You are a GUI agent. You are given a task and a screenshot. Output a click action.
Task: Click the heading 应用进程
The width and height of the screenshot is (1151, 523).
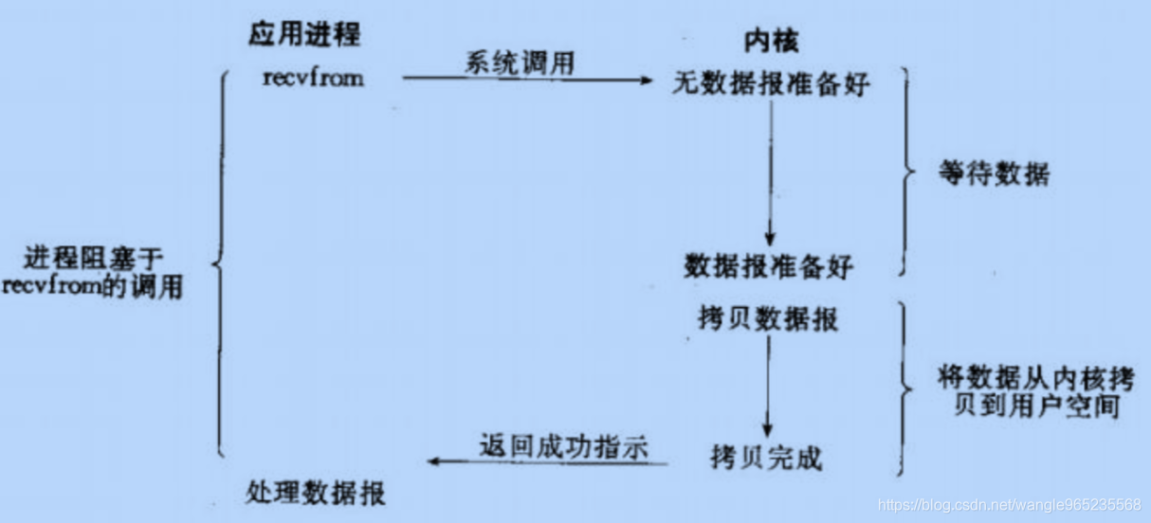[304, 35]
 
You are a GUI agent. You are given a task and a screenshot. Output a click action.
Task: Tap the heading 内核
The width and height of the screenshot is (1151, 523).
[770, 41]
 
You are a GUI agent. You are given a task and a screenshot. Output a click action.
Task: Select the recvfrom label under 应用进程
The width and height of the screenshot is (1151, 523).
[313, 78]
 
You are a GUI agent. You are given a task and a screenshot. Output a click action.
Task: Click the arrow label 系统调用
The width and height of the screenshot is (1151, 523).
[520, 63]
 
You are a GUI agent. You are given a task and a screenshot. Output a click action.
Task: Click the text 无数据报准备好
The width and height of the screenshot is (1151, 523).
[770, 84]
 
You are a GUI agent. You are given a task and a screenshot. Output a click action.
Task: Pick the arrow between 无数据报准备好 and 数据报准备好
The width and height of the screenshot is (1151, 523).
[771, 171]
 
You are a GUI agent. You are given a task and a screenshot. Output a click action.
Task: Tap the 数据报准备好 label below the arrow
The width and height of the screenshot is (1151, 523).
[769, 266]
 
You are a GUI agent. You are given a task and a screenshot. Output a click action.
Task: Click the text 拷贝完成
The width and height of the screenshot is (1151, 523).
[766, 460]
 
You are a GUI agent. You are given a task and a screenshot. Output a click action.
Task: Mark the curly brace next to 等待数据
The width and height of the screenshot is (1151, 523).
[904, 172]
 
